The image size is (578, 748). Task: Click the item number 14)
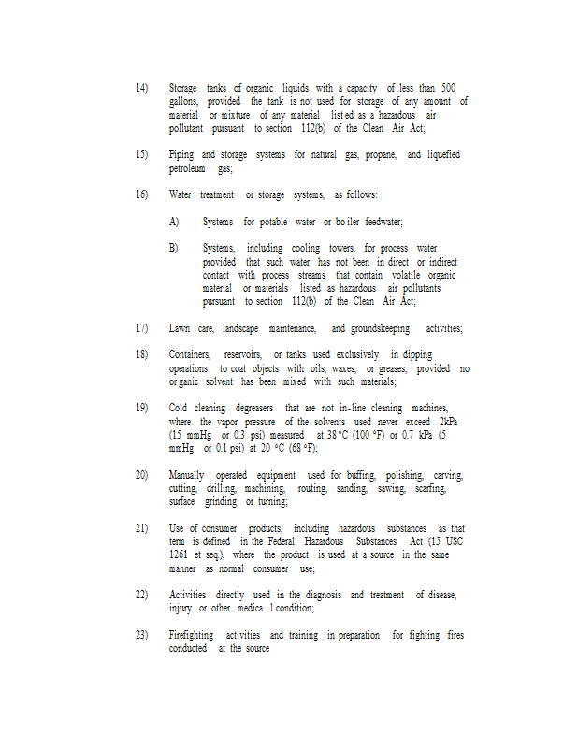coord(141,88)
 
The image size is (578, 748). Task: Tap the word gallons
coord(184,101)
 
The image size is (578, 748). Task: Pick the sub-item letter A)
coord(174,222)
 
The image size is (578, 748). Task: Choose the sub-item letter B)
coord(174,248)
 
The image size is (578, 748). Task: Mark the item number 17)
coord(141,328)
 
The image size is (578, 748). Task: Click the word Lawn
coord(180,328)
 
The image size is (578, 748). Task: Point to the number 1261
coord(181,555)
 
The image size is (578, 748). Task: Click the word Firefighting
coord(192,635)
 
